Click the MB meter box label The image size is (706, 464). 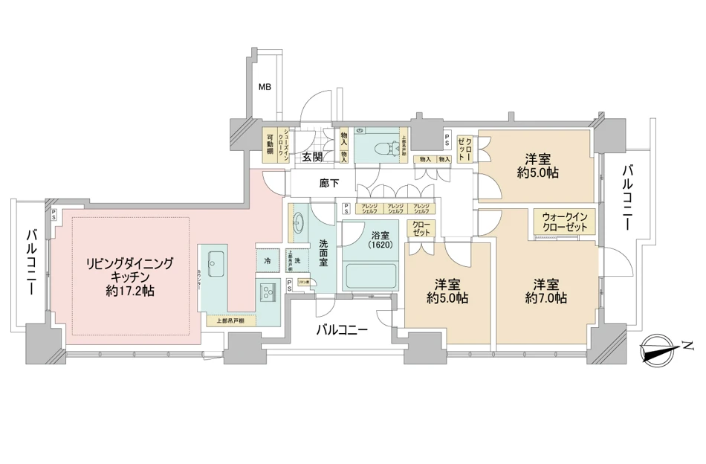pos(264,87)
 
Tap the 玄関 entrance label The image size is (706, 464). pos(312,157)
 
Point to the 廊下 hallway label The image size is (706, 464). pos(330,183)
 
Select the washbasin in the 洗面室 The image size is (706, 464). pos(298,223)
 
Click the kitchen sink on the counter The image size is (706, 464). pos(218,261)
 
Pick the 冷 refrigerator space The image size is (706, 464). pos(267,262)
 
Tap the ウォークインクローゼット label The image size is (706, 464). pos(564,221)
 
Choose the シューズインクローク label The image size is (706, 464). pos(286,141)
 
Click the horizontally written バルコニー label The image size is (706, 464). pos(341,329)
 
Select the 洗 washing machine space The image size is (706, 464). pos(297,261)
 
